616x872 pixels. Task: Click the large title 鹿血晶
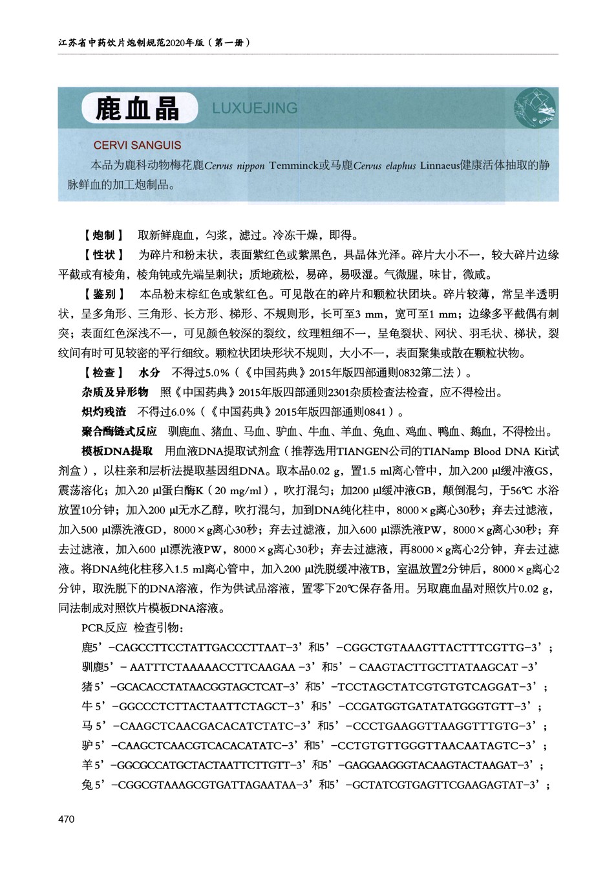tap(137, 109)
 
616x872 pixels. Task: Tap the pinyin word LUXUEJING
tap(255, 108)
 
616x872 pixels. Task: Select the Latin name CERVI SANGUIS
tap(137, 146)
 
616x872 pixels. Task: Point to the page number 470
tap(67, 819)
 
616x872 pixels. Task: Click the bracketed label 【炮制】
tap(103, 235)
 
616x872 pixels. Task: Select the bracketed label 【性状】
tap(103, 255)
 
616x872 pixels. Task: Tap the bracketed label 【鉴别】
tap(103, 294)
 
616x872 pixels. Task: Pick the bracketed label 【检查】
tap(103, 373)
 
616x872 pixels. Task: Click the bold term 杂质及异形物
tap(114, 392)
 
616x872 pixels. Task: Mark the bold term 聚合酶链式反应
tap(119, 431)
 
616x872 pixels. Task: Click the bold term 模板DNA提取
tap(117, 451)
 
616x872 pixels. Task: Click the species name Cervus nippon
tap(234, 166)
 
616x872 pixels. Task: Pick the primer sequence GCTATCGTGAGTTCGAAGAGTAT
tap(439, 785)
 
